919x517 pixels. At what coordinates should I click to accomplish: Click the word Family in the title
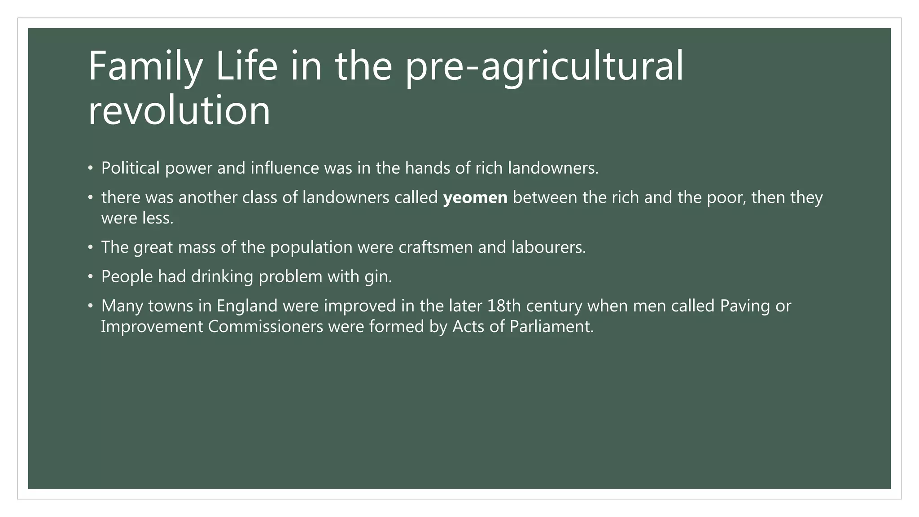pyautogui.click(x=145, y=66)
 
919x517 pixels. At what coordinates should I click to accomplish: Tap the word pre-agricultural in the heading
pyautogui.click(x=544, y=66)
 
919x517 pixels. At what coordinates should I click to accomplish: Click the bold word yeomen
pyautogui.click(x=475, y=197)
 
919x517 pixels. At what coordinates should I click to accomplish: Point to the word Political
pyautogui.click(x=131, y=168)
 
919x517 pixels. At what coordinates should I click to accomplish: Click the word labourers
pyautogui.click(x=548, y=247)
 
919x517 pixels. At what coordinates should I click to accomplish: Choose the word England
pyautogui.click(x=247, y=306)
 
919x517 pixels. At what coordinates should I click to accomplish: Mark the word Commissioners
pyautogui.click(x=266, y=327)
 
